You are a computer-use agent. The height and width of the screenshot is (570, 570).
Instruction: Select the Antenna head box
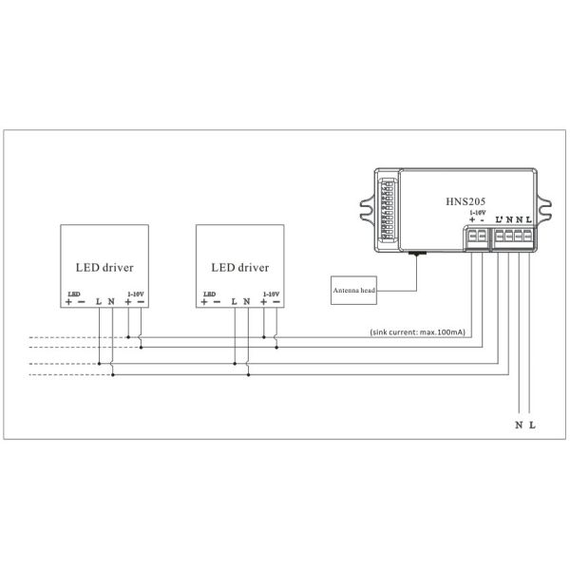coord(355,289)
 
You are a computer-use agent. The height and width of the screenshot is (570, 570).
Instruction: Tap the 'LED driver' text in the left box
coord(104,268)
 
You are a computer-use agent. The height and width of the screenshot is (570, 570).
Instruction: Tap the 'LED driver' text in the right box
coord(239,268)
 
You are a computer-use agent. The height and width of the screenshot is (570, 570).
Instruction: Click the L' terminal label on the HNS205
coord(499,220)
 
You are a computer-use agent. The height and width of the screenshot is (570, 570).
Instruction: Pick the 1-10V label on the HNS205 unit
coord(477,212)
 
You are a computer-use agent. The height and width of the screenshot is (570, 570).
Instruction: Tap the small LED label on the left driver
coord(74,294)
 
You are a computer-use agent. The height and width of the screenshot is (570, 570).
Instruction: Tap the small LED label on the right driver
coord(209,294)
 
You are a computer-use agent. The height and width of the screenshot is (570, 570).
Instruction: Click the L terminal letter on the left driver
coord(99,302)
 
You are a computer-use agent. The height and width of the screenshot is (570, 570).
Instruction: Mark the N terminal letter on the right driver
coord(247,302)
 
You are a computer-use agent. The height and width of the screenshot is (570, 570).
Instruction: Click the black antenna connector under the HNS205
coord(415,254)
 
